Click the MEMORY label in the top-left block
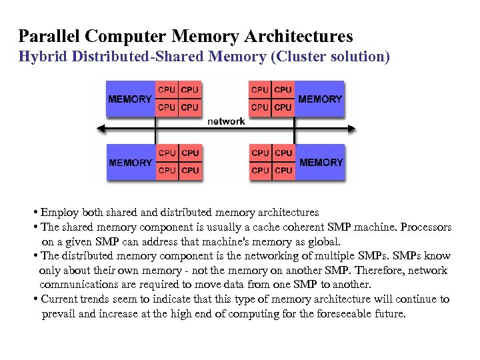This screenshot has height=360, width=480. (x=130, y=99)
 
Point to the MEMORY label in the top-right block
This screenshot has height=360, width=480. (x=320, y=99)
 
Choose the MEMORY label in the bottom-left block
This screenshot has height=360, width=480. (x=131, y=163)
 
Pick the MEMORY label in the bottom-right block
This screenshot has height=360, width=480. (x=321, y=163)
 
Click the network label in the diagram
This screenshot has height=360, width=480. (x=226, y=121)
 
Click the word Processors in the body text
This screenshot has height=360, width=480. (x=424, y=227)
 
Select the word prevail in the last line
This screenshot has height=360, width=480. (x=59, y=314)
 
